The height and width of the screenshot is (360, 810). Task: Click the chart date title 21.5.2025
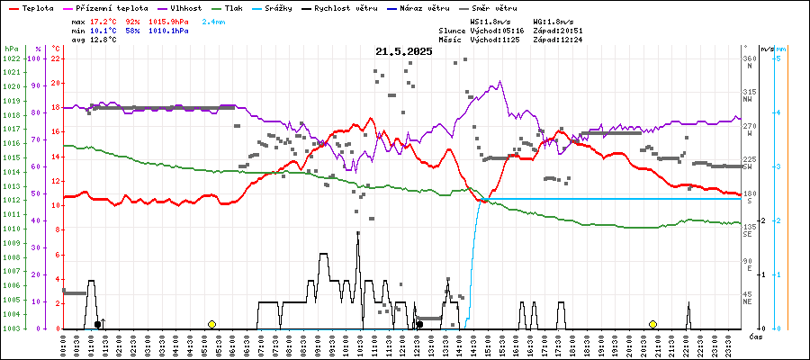(x=404, y=52)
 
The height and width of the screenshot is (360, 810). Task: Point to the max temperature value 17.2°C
(x=104, y=20)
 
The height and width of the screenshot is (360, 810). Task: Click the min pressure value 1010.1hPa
(x=168, y=30)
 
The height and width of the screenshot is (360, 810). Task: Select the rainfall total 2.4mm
(x=214, y=20)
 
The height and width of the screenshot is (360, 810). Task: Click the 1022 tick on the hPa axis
(x=11, y=58)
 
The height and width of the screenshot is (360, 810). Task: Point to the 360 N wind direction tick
(x=749, y=58)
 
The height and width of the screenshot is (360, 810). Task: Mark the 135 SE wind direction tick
(x=749, y=231)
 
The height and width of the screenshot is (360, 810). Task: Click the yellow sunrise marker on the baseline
(x=211, y=324)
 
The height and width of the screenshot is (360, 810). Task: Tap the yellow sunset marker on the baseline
(x=652, y=324)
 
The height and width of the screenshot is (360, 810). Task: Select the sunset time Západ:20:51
(x=557, y=30)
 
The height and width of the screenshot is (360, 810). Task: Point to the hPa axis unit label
(x=11, y=49)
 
